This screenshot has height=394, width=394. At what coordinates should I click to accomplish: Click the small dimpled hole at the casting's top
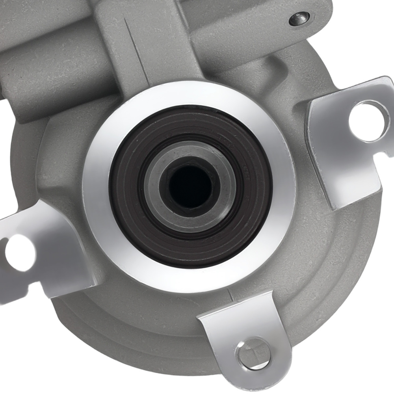[x=299, y=18]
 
